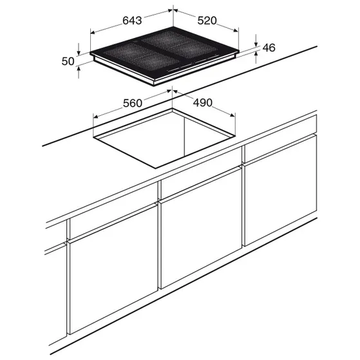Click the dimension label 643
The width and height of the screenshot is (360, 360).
(132, 21)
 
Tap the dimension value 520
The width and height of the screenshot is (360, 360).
(207, 21)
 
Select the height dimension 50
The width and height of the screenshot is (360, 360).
(68, 61)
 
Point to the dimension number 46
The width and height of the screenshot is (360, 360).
(269, 48)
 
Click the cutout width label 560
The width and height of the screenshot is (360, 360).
(133, 103)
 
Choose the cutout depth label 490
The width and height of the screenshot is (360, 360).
(202, 102)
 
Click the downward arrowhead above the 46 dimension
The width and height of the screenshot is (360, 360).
(256, 44)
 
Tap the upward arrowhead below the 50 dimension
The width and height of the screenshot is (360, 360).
(79, 69)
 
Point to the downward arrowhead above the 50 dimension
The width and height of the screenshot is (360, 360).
(79, 53)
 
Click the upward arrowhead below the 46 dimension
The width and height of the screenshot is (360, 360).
(256, 54)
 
